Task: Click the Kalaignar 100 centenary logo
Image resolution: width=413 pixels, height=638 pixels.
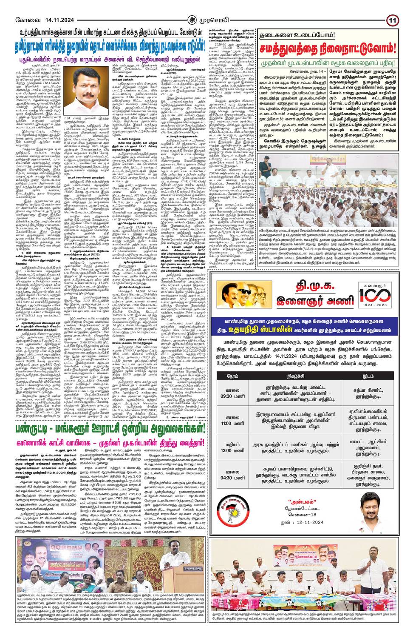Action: click(x=377, y=299)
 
